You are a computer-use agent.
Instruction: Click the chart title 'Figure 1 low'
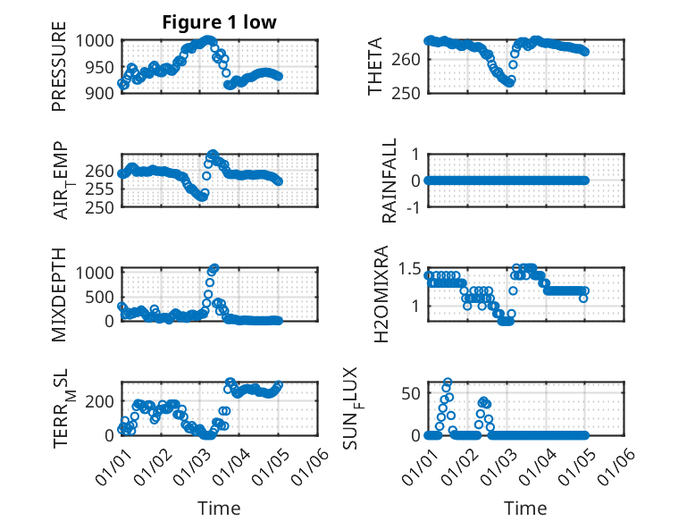point(220,22)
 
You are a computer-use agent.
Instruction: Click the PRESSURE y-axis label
point(59,71)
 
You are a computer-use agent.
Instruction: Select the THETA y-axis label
point(375,66)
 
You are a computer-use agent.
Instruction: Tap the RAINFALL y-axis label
point(390,181)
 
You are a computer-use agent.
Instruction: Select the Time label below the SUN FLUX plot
point(525,508)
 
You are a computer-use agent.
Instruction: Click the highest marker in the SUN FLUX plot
point(448,382)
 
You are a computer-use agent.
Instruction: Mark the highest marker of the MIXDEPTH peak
point(214,268)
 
